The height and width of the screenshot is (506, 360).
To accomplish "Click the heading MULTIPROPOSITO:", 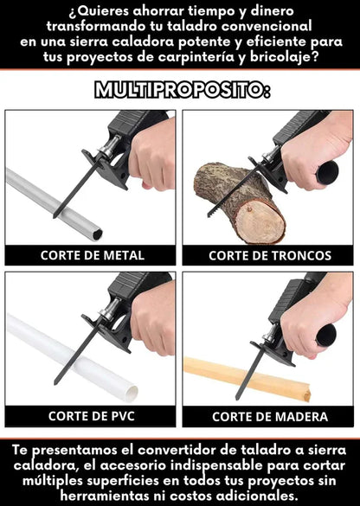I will click(x=180, y=90).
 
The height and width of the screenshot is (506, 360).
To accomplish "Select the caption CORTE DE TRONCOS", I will click(x=269, y=255).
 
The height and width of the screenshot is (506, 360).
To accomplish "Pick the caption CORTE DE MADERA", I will click(x=269, y=416).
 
